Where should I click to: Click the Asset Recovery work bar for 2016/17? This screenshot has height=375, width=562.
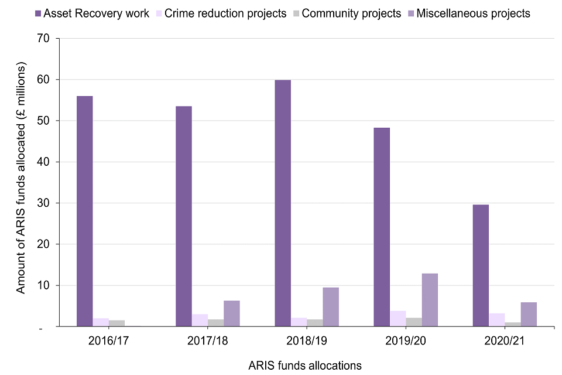coord(84,211)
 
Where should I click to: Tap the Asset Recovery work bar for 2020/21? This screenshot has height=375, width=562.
coord(481,265)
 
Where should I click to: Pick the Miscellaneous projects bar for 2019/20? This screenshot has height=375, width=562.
coord(430,300)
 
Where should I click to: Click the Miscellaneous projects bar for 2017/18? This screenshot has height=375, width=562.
coord(232,313)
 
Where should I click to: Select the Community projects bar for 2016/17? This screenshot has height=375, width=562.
coord(116,323)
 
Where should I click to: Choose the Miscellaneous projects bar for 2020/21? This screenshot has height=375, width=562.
coord(529,315)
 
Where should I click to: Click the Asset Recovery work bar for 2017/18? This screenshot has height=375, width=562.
coord(183,216)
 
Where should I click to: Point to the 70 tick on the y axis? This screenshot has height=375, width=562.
coord(46,39)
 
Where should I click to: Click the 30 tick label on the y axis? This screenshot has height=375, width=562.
coord(46,203)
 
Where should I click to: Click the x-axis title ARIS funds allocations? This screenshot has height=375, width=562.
coord(305,365)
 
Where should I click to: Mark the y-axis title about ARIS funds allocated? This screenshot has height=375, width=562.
coord(20,179)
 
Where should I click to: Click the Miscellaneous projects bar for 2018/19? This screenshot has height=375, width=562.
coord(331,307)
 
